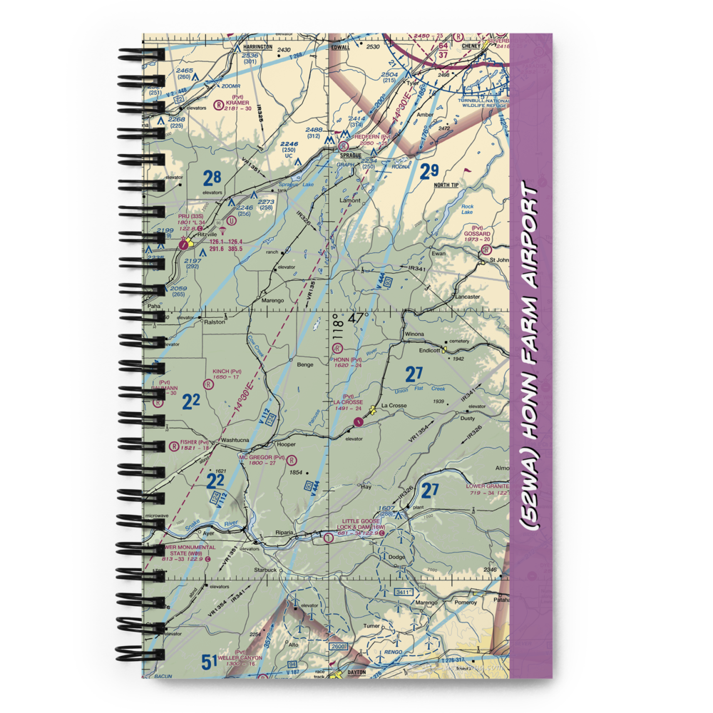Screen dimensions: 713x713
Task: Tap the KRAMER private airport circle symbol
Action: pyautogui.click(x=218, y=104)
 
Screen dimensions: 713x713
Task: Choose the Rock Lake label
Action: pyautogui.click(x=467, y=209)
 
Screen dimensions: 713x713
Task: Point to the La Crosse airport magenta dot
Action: pyautogui.click(x=359, y=421)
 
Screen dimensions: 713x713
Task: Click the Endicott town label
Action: pyautogui.click(x=430, y=350)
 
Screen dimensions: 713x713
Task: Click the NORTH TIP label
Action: pyautogui.click(x=446, y=185)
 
